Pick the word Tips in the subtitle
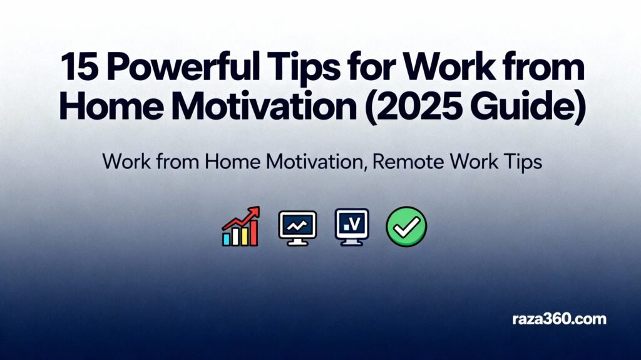(517, 162)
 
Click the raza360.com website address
(559, 319)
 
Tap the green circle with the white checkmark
(406, 226)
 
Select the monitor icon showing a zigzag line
(297, 227)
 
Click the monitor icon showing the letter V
(352, 225)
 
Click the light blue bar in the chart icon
(227, 239)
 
